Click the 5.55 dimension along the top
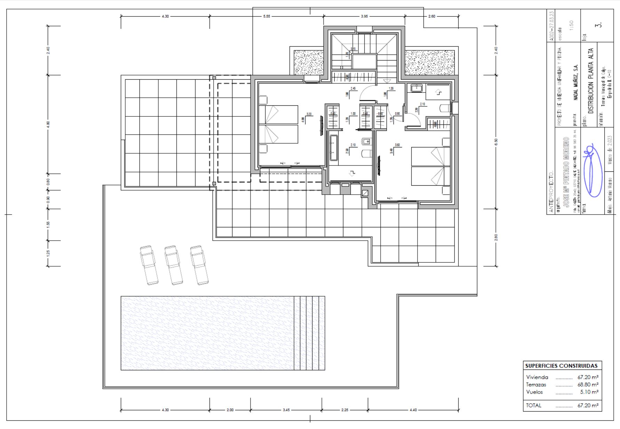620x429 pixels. pos(267,16)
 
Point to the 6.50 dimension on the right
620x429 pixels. pos(496,141)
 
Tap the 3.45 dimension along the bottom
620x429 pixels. pos(286,410)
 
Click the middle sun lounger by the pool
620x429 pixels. pos(174,265)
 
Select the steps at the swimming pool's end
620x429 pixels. pos(309,333)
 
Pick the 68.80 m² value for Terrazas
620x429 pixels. pos(588,385)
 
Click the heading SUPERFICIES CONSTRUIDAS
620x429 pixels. pos(561,366)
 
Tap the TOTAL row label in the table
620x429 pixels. pos(534,405)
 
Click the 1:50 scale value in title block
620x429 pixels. pos(571,25)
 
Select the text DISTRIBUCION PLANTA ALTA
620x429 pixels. pos(590,81)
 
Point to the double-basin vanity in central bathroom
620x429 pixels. pos(334,148)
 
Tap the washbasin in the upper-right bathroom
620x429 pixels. pos(416,88)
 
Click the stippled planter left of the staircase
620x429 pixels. pos(308,63)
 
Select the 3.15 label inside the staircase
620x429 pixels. pos(353,49)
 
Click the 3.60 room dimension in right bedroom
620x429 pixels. pos(397,145)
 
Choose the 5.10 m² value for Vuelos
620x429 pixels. pos(589,392)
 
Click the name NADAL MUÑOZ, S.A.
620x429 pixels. pos(576,82)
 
